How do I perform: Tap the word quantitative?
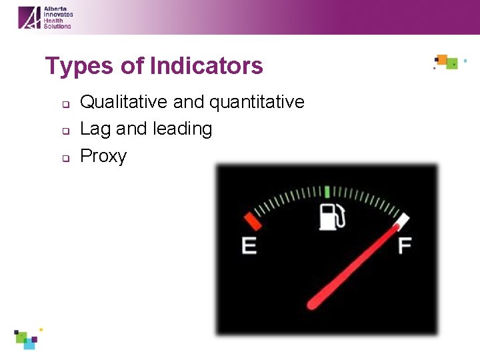point(257,102)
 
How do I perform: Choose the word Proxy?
point(103,156)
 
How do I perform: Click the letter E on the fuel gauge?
point(249,246)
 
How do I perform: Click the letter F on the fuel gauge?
point(404,246)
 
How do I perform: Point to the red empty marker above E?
point(252,221)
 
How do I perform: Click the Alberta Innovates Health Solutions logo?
point(45,17)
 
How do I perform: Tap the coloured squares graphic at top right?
point(447,63)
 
